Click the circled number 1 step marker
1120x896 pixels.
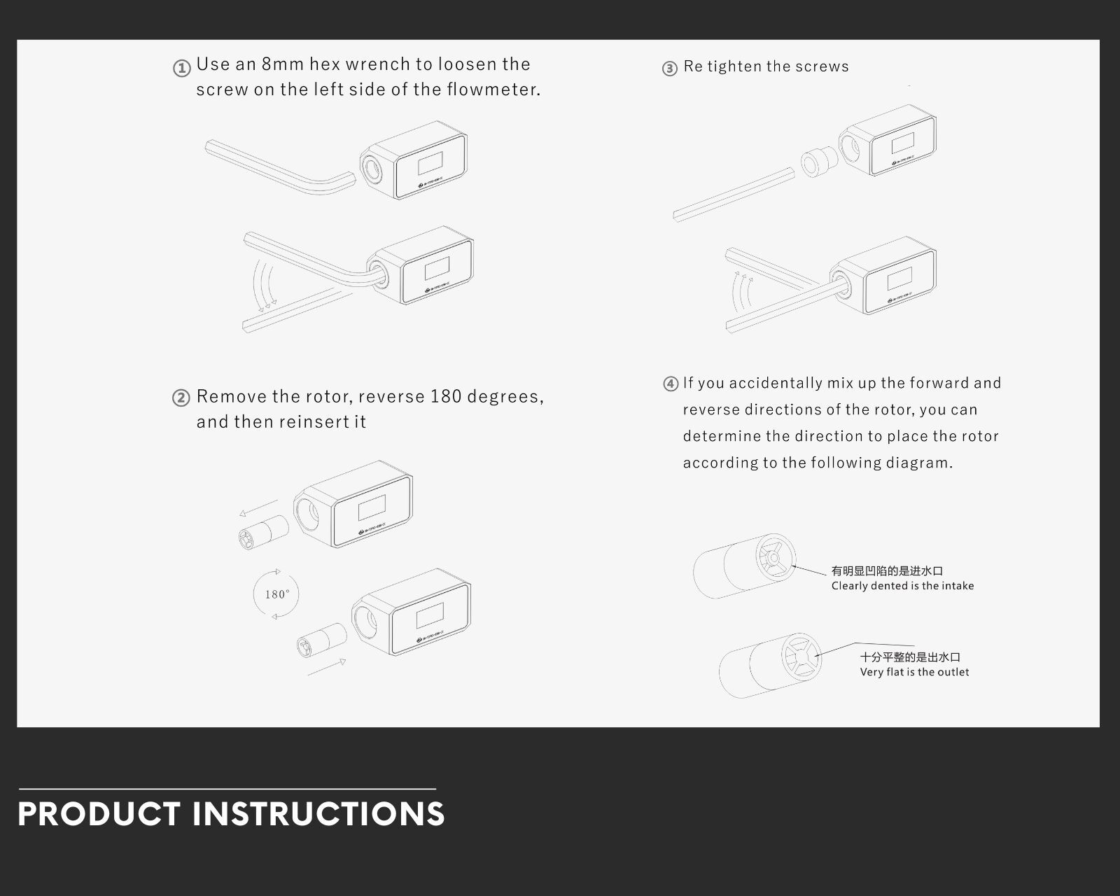coord(181,68)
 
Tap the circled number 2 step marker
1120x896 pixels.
coord(181,398)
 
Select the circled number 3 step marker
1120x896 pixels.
coord(670,68)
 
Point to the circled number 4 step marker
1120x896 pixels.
coord(671,384)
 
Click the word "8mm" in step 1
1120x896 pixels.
coord(283,64)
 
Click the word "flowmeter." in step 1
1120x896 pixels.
coord(493,89)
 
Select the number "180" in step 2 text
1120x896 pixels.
coord(446,396)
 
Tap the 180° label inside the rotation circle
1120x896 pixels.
coord(277,594)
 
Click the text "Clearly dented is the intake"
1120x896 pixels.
coord(902,586)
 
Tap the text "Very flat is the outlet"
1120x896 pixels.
coord(914,672)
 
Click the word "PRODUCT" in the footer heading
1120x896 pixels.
coord(99,813)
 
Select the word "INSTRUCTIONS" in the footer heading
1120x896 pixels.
coord(318,813)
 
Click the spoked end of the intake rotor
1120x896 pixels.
coord(775,558)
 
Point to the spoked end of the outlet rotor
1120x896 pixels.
coord(801,657)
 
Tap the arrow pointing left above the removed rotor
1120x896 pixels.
coord(259,507)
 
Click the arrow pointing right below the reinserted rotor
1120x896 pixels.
coord(327,667)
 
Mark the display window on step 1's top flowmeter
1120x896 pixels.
coord(430,163)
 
